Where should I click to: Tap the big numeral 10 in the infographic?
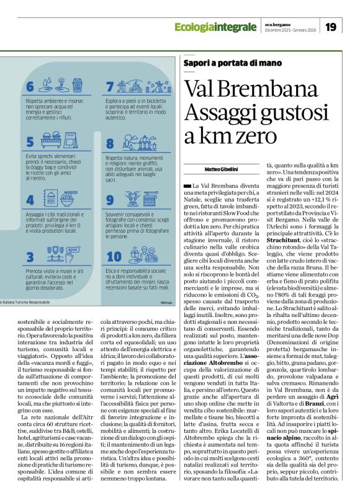pyautogui.click(x=114, y=256)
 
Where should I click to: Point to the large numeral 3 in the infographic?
pyautogui.click(x=30, y=256)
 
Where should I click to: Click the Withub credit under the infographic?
pyautogui.click(x=165, y=303)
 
